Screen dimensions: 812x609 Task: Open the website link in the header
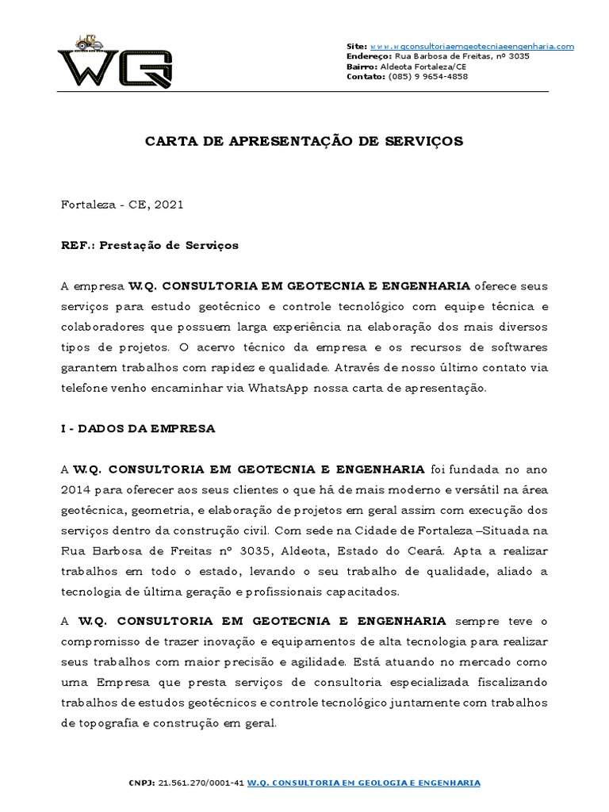pos(472,47)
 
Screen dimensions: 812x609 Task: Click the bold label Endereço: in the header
pos(369,57)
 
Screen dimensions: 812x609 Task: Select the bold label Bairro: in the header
pos(363,67)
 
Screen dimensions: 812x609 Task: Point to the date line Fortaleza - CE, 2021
pos(122,205)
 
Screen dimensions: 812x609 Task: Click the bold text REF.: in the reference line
pos(76,246)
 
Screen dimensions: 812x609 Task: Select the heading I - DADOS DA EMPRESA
pos(138,428)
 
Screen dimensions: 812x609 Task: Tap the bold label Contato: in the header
pos(366,77)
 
